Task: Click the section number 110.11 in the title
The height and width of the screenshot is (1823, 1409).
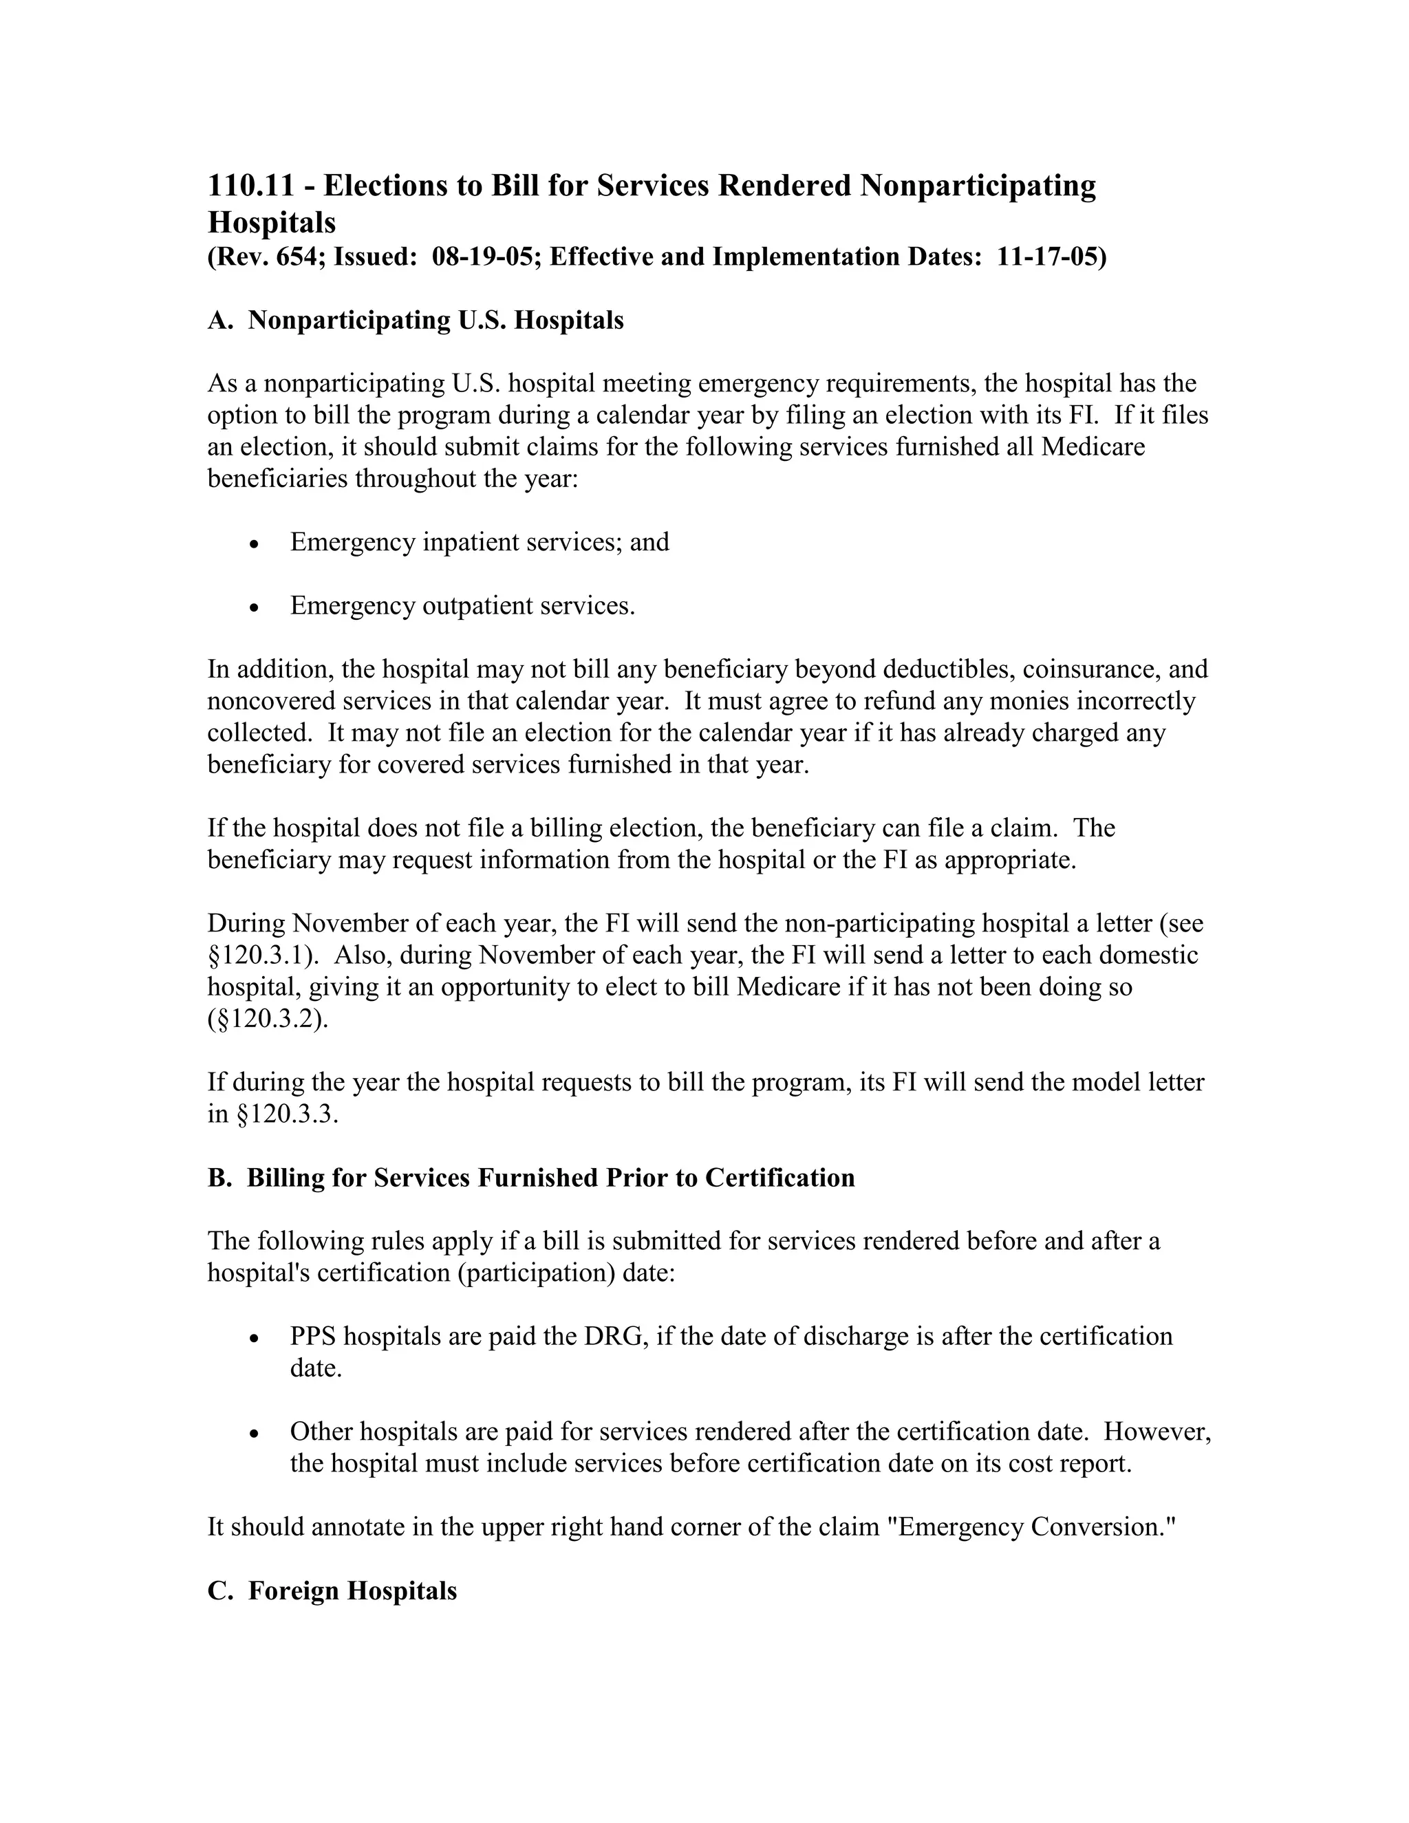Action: tap(250, 185)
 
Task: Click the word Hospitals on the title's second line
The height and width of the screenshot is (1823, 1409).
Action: tap(271, 223)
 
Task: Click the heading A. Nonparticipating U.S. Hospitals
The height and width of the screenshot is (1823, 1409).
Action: tap(415, 321)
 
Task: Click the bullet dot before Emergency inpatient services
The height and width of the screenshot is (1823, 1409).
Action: tap(255, 544)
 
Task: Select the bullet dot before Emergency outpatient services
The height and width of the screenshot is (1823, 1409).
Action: tap(255, 607)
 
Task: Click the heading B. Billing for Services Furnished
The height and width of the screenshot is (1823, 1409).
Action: tap(531, 1178)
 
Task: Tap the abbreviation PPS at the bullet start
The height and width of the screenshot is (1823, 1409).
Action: tap(313, 1337)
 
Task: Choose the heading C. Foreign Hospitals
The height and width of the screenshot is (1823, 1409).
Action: tap(332, 1591)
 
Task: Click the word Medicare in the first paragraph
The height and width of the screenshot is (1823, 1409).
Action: tap(1093, 447)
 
